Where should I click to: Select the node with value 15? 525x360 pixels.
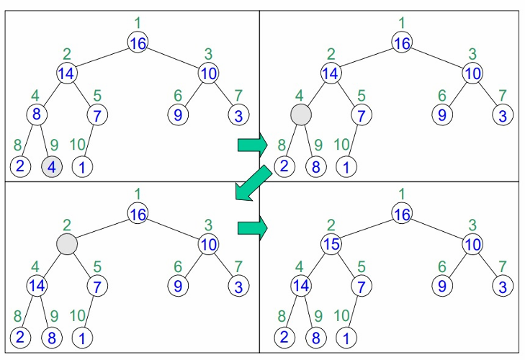click(331, 245)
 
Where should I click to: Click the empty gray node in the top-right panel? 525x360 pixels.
click(300, 114)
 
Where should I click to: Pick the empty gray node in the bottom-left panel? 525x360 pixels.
click(67, 244)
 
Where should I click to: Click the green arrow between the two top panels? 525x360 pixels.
click(251, 145)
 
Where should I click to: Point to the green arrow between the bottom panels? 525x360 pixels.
click(251, 228)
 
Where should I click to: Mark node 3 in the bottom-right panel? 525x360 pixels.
click(503, 287)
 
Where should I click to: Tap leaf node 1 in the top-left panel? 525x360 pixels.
click(82, 167)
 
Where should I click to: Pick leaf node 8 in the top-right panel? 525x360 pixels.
click(315, 167)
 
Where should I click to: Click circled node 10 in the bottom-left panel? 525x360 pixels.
click(209, 245)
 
